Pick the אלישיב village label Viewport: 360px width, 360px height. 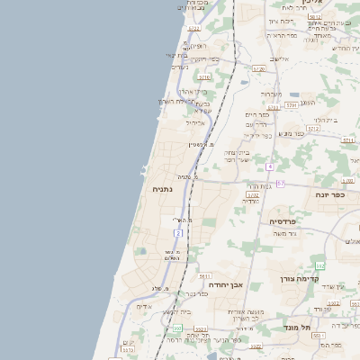(280, 58)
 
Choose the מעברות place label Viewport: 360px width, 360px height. (272, 94)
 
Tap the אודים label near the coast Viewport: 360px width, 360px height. (145, 306)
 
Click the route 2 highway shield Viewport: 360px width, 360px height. (178, 233)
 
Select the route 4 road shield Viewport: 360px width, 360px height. (269, 166)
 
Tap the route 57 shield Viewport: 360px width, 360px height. (280, 184)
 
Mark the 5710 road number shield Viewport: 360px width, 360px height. (204, 77)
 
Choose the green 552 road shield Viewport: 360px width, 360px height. (319, 265)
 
